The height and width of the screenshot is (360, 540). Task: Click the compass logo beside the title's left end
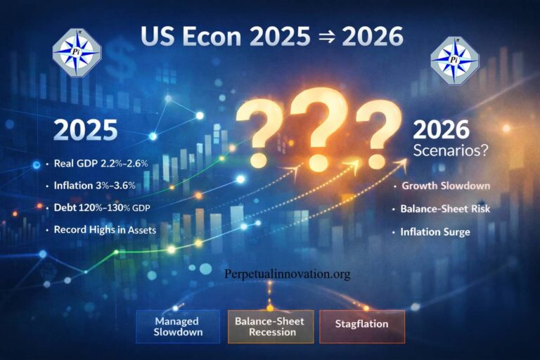pos(77,51)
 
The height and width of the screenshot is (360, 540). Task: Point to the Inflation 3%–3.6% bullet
pos(100,186)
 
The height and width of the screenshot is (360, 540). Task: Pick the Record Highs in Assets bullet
pos(105,230)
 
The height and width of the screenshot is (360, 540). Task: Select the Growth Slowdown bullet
pos(446,186)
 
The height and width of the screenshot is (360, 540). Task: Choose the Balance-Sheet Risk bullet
pos(449,209)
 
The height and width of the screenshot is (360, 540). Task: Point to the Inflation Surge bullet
pos(435,231)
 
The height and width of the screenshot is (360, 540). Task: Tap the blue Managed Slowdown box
pos(177,325)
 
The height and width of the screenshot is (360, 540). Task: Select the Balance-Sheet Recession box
pos(269,325)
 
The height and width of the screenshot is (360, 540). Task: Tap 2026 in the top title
pos(372,37)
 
